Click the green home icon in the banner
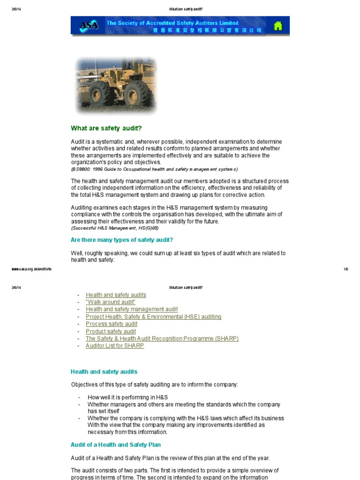tap(278, 26)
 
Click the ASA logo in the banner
tap(89, 26)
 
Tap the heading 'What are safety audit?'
tap(106, 128)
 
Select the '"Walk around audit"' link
tap(111, 302)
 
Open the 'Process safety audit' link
tap(112, 324)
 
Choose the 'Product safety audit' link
tap(111, 331)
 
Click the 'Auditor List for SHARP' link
tap(115, 346)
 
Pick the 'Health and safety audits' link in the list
tap(116, 295)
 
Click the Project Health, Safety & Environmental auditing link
tap(153, 317)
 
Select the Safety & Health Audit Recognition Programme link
tap(162, 338)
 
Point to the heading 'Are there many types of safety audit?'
tap(122, 240)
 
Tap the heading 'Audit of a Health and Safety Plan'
tap(116, 445)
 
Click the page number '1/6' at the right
tap(346, 269)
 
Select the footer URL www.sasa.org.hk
tap(31, 269)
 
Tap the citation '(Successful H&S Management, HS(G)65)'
tap(115, 228)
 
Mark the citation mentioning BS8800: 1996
tap(154, 169)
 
